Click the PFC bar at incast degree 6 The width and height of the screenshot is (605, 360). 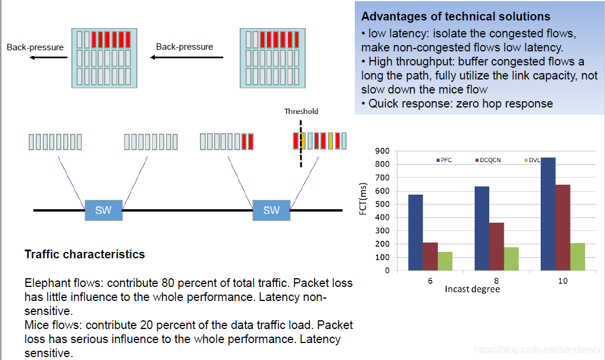pyautogui.click(x=416, y=233)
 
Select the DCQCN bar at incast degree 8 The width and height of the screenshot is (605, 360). pyautogui.click(x=496, y=247)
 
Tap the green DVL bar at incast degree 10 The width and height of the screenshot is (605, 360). pyautogui.click(x=578, y=257)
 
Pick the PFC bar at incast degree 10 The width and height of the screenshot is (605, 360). pyautogui.click(x=548, y=214)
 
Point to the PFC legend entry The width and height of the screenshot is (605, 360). pyautogui.click(x=446, y=160)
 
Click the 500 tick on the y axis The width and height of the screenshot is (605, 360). pyautogui.click(x=383, y=204)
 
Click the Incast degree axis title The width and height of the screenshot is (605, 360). pyautogui.click(x=472, y=289)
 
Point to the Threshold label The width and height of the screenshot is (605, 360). pyautogui.click(x=301, y=111)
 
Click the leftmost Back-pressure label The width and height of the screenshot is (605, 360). pyautogui.click(x=35, y=47)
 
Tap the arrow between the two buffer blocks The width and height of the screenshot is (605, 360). pyautogui.click(x=187, y=57)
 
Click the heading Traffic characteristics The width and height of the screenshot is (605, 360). pyautogui.click(x=85, y=254)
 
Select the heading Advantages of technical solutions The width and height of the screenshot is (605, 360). pyautogui.click(x=456, y=16)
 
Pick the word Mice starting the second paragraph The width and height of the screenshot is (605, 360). pyautogui.click(x=36, y=324)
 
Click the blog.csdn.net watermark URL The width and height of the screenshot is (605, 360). pyautogui.click(x=538, y=349)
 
